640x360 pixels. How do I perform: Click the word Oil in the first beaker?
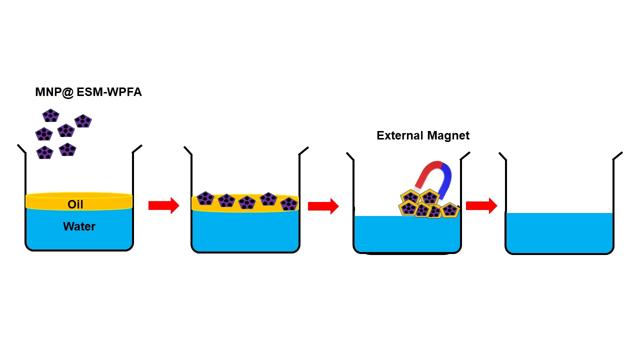pos(75,204)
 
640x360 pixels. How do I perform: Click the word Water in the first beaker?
pos(79,226)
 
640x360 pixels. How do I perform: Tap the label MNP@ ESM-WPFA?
pos(88,92)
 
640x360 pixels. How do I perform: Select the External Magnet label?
pos(423,135)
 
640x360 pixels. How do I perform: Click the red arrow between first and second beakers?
pos(163,205)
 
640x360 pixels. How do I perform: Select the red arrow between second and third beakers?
pos(323,205)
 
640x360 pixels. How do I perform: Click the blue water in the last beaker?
pos(559,232)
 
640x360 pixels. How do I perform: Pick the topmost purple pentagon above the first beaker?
pos(50,115)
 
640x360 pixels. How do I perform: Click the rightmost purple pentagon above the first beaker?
pos(83,121)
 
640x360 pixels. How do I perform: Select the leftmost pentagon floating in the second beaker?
pos(205,198)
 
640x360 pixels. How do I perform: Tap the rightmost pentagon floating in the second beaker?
pos(289,203)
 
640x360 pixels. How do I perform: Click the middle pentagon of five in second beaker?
pos(247,202)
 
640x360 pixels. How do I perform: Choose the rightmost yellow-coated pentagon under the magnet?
pos(449,210)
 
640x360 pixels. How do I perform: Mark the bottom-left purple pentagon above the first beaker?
pos(45,152)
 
